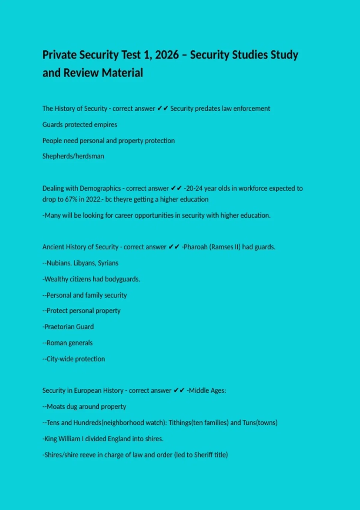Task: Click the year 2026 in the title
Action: (x=167, y=55)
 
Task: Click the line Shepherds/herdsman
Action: (x=73, y=156)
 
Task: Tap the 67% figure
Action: (x=71, y=199)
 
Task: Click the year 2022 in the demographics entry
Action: (x=93, y=199)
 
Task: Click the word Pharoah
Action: (x=195, y=247)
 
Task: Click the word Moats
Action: (x=55, y=407)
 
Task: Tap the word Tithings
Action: (x=180, y=423)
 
